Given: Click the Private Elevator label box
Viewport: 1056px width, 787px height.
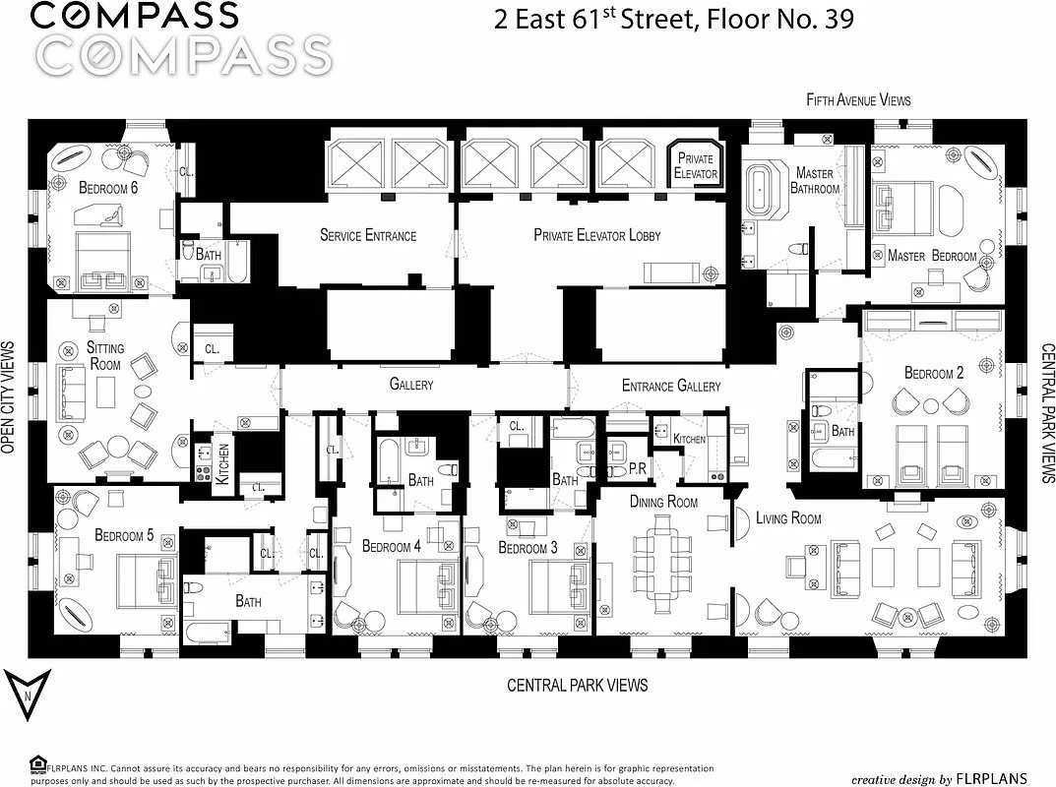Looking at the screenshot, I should point(695,165).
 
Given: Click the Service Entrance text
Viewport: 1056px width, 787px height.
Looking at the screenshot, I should point(368,235).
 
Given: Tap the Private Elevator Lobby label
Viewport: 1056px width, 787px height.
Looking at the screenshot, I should point(597,235).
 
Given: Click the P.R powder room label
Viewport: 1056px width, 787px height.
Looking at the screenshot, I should point(637,471).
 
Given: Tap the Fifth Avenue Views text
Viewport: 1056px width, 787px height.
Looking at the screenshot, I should point(858,99).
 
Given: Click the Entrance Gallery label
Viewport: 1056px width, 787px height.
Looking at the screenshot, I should point(671,386).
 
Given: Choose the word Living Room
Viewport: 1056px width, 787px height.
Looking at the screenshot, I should point(788,517).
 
